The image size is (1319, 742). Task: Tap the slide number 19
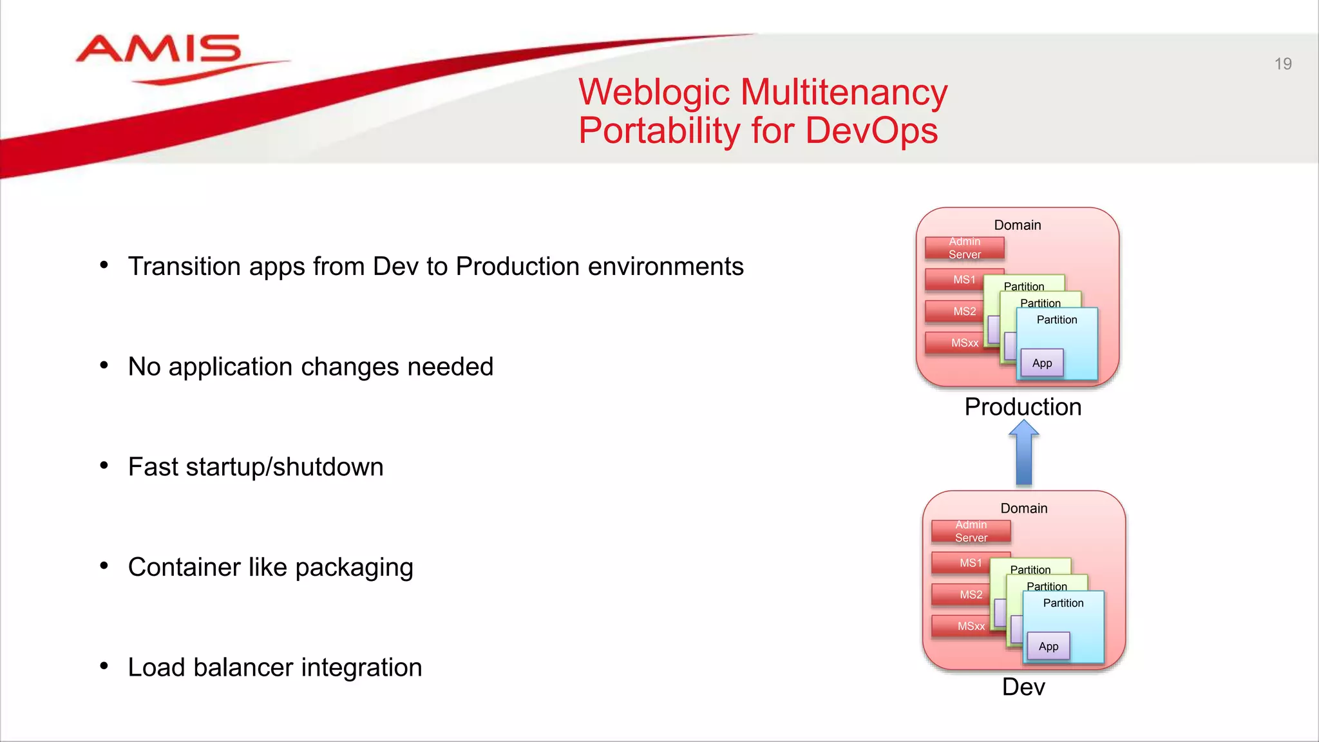[x=1282, y=64]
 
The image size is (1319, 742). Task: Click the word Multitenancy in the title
[x=844, y=92]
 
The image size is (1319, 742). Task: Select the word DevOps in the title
[x=871, y=131]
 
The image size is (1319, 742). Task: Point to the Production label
[x=1023, y=407]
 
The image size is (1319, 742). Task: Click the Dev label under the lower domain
[x=1023, y=687]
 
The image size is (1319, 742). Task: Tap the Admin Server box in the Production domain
[x=964, y=248]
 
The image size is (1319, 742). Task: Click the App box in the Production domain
[x=1042, y=363]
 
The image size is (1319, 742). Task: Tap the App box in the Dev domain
[x=1049, y=647]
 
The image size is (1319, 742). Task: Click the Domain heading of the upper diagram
[x=1017, y=225]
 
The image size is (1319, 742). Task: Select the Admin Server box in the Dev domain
[x=971, y=531]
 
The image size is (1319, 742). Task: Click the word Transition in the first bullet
[x=184, y=267]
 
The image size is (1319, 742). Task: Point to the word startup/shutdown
[x=284, y=468]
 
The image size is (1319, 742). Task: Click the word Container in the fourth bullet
[x=184, y=567]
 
